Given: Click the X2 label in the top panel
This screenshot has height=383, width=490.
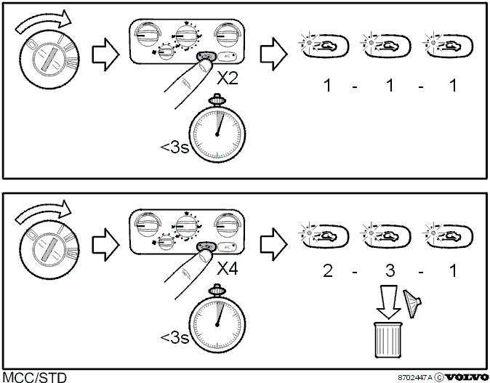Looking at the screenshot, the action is pyautogui.click(x=228, y=78).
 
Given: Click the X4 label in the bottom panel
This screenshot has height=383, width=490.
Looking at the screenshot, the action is pyautogui.click(x=228, y=268).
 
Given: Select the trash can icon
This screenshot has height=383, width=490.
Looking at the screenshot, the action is pyautogui.click(x=388, y=340).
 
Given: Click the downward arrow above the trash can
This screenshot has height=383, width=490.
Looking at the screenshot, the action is pyautogui.click(x=388, y=302).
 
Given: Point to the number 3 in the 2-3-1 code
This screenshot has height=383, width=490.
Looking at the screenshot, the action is pyautogui.click(x=390, y=270).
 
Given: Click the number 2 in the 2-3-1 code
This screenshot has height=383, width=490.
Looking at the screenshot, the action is pyautogui.click(x=327, y=270).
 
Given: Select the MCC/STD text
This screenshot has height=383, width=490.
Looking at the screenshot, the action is pyautogui.click(x=35, y=377).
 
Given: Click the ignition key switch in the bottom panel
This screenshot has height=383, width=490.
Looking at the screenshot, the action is pyautogui.click(x=49, y=250).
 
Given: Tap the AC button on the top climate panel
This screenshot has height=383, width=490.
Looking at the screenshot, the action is pyautogui.click(x=228, y=56).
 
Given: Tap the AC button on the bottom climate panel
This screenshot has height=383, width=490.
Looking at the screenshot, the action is pyautogui.click(x=228, y=247).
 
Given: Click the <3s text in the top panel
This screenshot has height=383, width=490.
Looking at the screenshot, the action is pyautogui.click(x=174, y=147).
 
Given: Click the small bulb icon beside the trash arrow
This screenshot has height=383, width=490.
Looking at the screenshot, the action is pyautogui.click(x=412, y=304).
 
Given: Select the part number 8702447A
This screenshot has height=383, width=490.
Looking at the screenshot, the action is pyautogui.click(x=415, y=377).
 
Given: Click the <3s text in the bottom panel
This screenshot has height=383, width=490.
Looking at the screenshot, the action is pyautogui.click(x=174, y=337).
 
